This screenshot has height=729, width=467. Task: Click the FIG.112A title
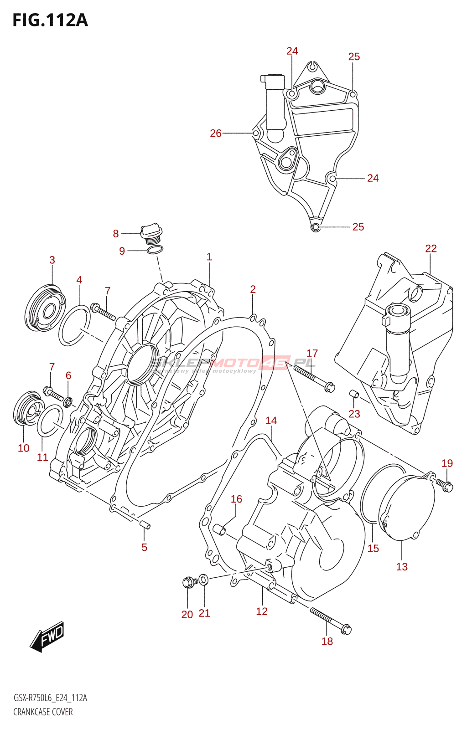[50, 21]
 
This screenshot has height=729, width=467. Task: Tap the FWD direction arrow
[48, 636]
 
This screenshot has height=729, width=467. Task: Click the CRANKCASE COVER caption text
[43, 712]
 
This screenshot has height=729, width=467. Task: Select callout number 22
[431, 248]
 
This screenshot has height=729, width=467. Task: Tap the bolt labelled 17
[314, 378]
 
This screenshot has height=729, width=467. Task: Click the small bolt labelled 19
[444, 485]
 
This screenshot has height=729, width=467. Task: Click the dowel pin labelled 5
[145, 524]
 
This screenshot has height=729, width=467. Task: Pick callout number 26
[215, 133]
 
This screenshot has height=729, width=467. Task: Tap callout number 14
[271, 421]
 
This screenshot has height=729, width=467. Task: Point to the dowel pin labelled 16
[220, 530]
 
